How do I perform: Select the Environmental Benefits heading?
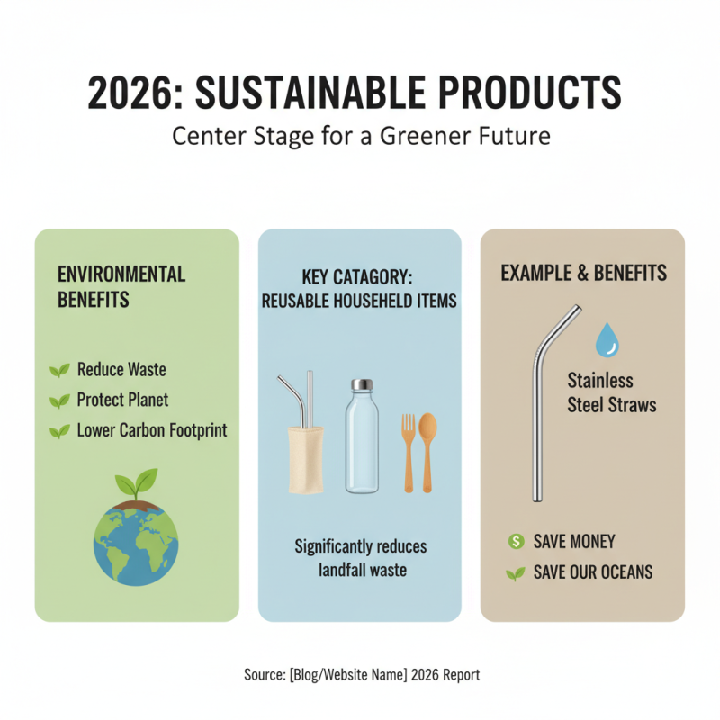(x=121, y=286)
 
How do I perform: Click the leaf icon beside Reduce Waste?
(x=59, y=370)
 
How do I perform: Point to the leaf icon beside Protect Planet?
(x=59, y=400)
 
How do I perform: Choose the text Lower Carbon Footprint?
(x=152, y=430)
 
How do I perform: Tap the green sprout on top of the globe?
(x=137, y=483)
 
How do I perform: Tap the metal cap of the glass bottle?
(x=362, y=385)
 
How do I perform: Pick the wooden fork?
(x=409, y=450)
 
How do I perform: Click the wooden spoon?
(x=428, y=450)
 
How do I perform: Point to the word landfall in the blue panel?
(x=335, y=569)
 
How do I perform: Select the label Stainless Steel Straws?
(x=611, y=392)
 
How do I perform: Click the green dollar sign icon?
(x=516, y=541)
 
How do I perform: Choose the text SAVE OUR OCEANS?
(x=592, y=572)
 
